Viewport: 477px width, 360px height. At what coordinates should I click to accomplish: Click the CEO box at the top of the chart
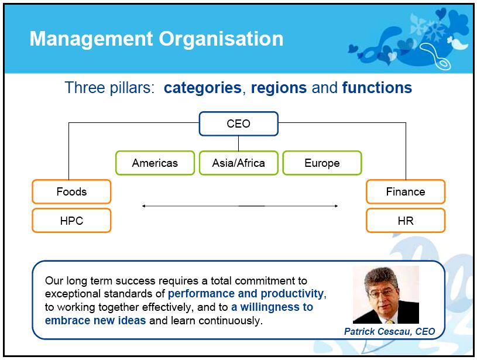[239, 124]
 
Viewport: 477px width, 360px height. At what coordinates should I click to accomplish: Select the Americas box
[155, 163]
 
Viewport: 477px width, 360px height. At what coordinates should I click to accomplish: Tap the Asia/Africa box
[239, 163]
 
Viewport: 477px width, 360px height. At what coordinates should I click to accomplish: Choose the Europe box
[322, 163]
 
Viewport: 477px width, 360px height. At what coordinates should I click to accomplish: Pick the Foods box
[71, 192]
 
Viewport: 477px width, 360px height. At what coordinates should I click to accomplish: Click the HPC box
[71, 221]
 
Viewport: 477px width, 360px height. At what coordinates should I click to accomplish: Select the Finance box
[406, 192]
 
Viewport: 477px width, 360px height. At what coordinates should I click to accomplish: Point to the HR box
[406, 221]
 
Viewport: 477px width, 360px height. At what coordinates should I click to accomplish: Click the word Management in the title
[91, 40]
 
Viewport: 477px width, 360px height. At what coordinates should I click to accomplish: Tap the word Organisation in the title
[221, 39]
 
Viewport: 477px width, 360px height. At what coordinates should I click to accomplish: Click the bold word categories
[203, 88]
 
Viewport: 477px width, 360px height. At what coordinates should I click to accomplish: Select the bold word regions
[279, 88]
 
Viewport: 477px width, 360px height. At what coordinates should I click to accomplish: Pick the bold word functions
[377, 88]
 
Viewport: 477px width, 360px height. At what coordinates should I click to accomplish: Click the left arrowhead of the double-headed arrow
[143, 206]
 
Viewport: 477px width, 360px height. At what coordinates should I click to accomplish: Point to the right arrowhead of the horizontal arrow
[336, 206]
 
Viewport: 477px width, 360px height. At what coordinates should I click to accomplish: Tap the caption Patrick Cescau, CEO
[389, 331]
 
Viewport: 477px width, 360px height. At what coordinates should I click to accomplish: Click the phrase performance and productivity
[246, 294]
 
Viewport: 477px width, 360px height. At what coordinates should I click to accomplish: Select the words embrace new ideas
[95, 320]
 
